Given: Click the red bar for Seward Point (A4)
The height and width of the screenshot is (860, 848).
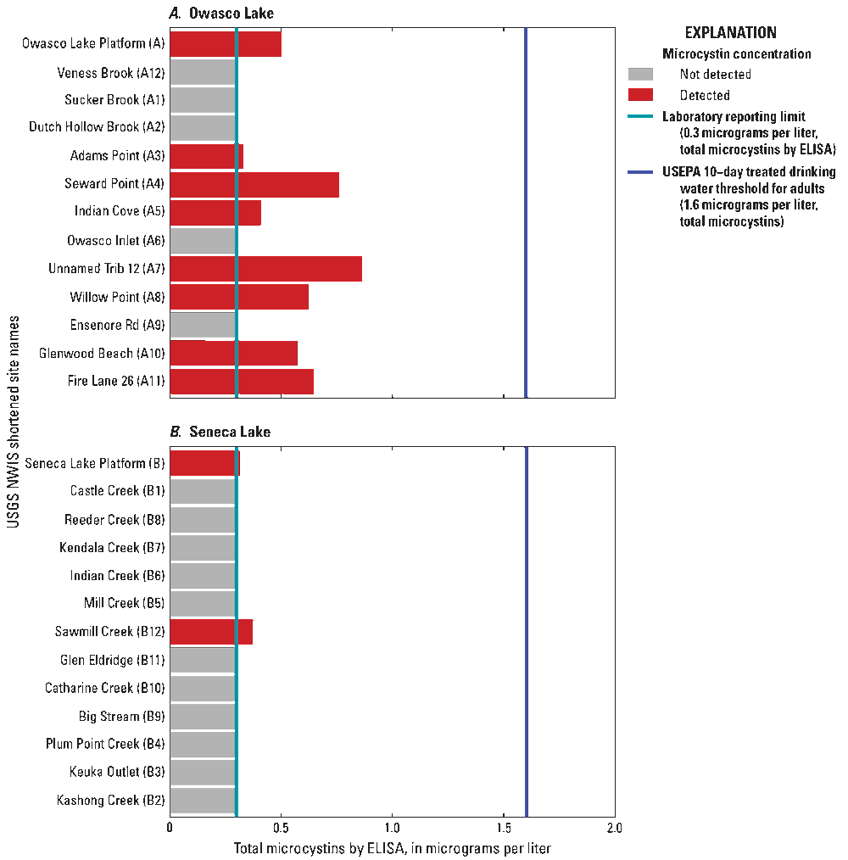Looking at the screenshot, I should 254,185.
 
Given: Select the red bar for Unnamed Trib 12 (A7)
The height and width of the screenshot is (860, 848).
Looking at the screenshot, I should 266,269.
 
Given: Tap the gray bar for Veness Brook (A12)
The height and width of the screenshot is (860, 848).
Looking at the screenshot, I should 203,73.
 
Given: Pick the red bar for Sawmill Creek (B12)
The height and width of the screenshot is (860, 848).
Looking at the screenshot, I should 211,632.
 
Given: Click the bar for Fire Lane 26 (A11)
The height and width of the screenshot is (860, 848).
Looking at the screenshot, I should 242,382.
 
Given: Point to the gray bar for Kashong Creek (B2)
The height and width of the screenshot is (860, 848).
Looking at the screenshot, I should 203,800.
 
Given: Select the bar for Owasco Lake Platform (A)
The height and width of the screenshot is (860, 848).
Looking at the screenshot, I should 226,44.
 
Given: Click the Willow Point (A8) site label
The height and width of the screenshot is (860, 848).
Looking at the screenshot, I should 117,297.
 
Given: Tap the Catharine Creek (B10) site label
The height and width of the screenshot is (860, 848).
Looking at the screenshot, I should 105,688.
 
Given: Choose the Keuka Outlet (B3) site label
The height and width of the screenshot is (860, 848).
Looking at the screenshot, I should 117,772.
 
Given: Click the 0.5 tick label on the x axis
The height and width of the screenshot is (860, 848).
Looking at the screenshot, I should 282,827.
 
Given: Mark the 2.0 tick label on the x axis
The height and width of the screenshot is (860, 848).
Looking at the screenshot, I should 615,827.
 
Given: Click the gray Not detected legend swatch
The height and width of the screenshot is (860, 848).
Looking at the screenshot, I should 640,75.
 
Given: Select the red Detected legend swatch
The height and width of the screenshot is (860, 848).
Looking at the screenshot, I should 640,95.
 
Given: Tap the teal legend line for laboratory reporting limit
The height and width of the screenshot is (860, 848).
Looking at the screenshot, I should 640,117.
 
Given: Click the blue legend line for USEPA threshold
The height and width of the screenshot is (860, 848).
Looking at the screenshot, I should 640,172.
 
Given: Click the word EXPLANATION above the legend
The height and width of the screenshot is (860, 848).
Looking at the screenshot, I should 730,33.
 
